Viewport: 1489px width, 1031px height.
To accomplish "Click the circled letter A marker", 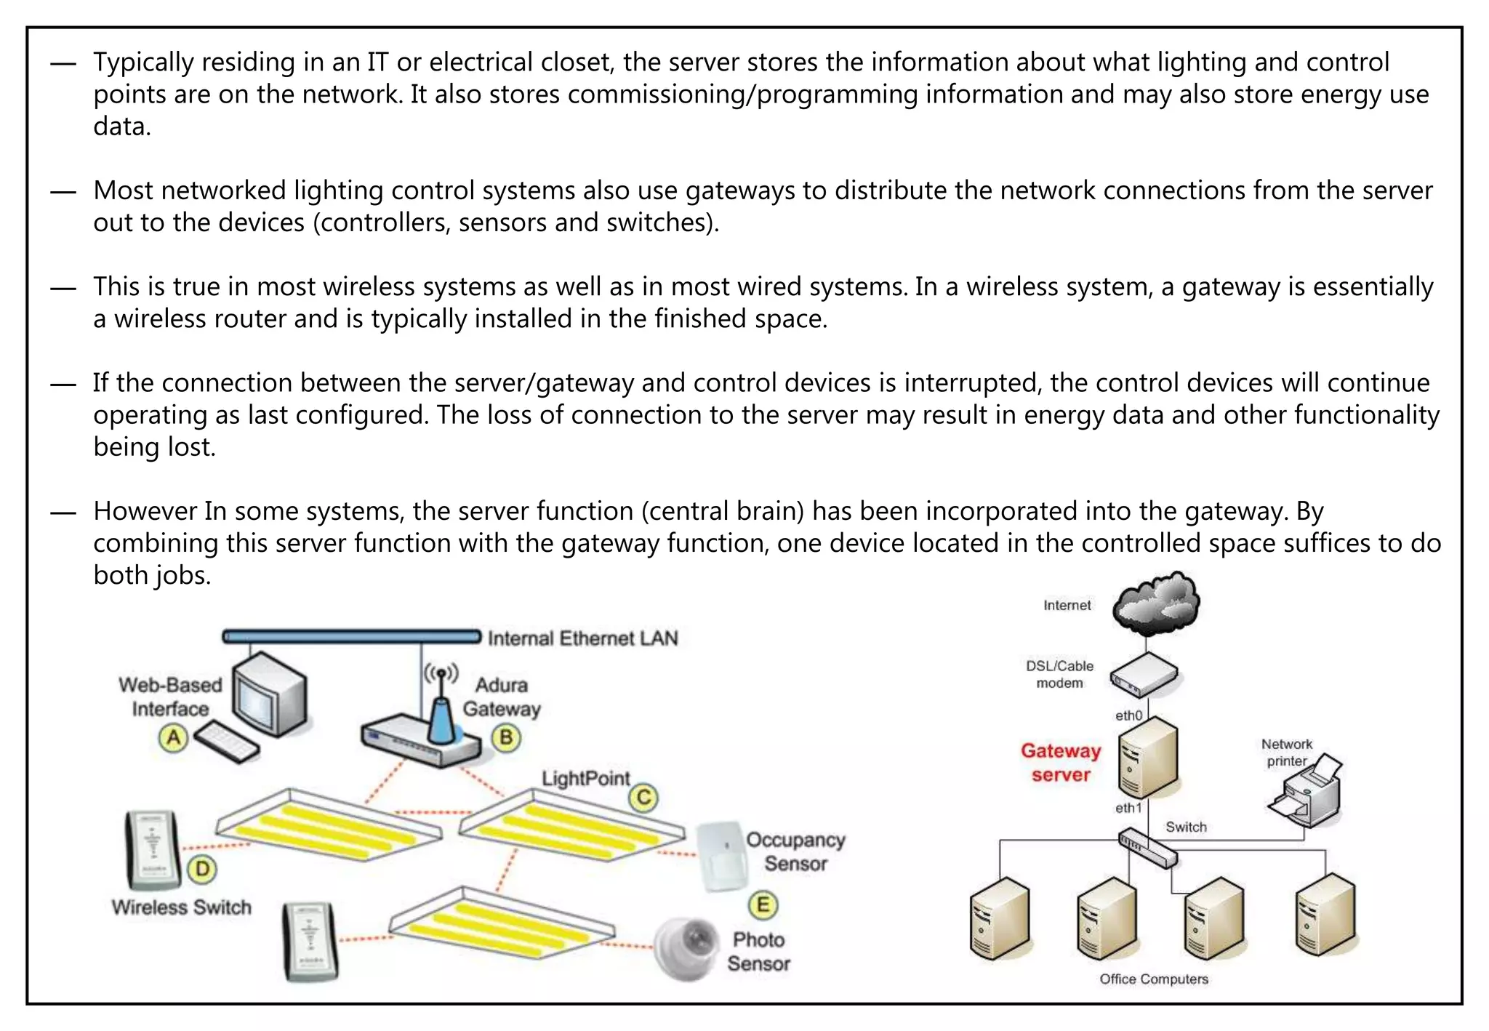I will point(173,738).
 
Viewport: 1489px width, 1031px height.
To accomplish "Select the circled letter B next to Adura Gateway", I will point(506,738).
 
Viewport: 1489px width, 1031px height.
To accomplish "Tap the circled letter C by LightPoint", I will point(643,798).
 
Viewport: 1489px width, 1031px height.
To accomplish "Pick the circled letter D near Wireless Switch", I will point(202,869).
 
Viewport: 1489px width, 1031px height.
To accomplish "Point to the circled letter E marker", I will point(763,905).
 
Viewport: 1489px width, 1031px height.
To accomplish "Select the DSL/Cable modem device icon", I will point(1144,675).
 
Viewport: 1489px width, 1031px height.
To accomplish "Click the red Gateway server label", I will point(1060,762).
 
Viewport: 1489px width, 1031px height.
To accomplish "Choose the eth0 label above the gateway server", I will point(1128,715).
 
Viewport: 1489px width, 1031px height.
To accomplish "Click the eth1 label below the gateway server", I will point(1128,808).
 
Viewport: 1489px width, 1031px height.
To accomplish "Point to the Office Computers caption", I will point(1153,979).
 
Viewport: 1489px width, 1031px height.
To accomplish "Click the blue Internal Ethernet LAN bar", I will point(351,637).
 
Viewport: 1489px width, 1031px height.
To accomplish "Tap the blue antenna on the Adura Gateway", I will point(440,720).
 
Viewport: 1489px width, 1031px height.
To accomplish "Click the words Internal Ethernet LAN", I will point(582,638).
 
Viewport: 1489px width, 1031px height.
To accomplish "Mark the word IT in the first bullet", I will point(377,63).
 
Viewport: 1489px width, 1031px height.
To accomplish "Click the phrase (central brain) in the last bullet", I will point(723,511).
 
